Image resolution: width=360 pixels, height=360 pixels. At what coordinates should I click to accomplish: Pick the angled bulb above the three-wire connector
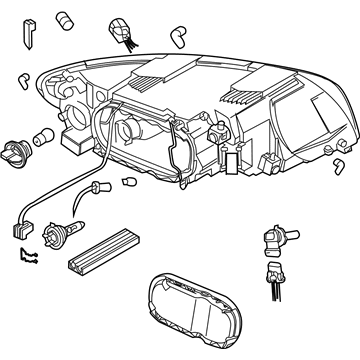[271, 238]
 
